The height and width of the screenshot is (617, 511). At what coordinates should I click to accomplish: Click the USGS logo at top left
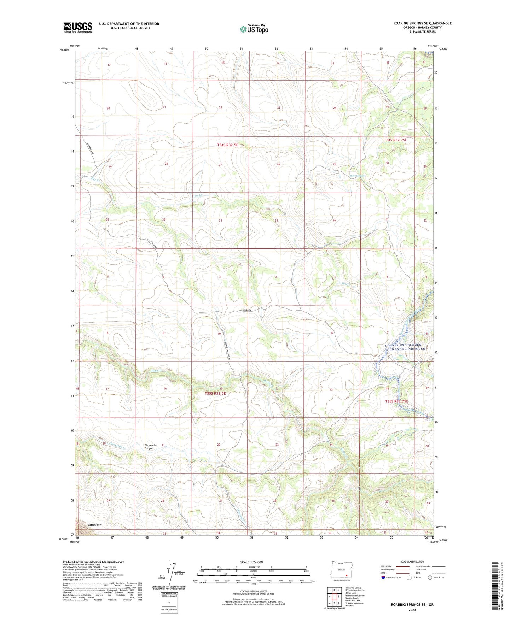point(78,27)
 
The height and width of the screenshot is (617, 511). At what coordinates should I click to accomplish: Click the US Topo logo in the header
point(254,29)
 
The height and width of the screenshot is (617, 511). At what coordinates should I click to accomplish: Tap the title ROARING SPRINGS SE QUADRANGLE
point(422,23)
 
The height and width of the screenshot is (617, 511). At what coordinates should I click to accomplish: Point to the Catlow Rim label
point(95,525)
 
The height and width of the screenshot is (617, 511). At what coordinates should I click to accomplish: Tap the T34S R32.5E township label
point(227,145)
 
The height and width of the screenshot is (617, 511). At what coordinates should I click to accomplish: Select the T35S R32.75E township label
point(396,401)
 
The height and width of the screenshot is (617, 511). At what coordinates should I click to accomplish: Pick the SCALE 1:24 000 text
point(254,562)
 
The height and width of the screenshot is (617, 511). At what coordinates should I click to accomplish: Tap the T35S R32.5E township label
point(215,393)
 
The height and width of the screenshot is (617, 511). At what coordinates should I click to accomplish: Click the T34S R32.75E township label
point(395,140)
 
